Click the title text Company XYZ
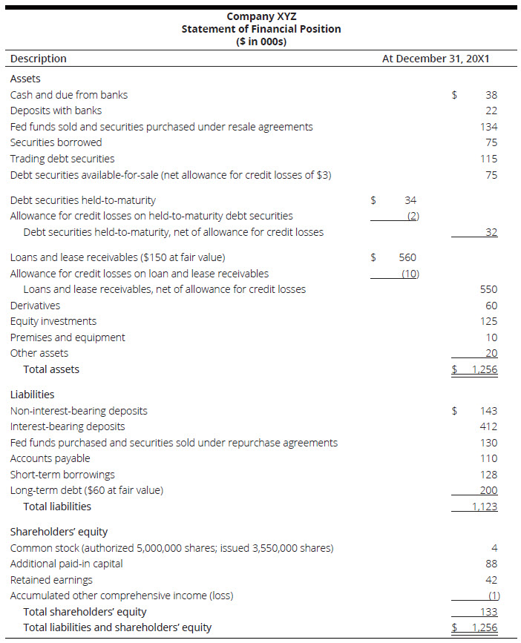pos(260,16)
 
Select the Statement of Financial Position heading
pos(260,29)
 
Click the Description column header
pos(38,59)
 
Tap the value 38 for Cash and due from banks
pos(491,95)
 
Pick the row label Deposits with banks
pos(56,111)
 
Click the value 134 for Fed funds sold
pos(488,127)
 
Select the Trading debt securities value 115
pos(488,159)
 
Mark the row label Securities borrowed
pos(56,142)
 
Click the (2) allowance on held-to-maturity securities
pos(413,216)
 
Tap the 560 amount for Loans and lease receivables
pos(407,257)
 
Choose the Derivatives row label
pos(35,306)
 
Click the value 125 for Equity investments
pos(488,321)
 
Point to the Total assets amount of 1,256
pos(484,369)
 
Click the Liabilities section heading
pos(32,395)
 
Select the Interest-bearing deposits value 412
pos(488,426)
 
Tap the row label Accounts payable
pos(50,458)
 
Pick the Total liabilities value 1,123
pos(484,507)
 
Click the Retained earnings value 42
pos(491,580)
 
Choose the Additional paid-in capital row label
pos(66,564)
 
